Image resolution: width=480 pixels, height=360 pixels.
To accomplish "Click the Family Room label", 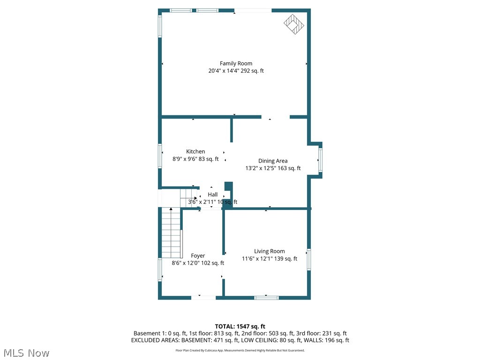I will pyautogui.click(x=236, y=63).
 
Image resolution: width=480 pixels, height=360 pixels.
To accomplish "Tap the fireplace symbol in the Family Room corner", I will pyautogui.click(x=293, y=24).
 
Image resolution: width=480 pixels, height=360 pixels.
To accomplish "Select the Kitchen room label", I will pyautogui.click(x=195, y=151).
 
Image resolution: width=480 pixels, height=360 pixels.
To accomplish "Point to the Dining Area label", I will pyautogui.click(x=273, y=161).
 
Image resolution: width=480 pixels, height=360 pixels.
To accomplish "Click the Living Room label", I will pyautogui.click(x=270, y=251).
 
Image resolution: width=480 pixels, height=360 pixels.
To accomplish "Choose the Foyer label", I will pyautogui.click(x=198, y=255).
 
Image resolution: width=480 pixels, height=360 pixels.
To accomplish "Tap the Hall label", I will pyautogui.click(x=213, y=195).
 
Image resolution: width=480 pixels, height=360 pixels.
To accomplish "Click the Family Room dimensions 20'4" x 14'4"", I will pyautogui.click(x=224, y=71).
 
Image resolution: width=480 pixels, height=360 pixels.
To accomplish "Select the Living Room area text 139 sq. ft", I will pyautogui.click(x=285, y=259).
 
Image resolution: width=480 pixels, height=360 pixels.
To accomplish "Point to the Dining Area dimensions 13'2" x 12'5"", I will pyautogui.click(x=260, y=168).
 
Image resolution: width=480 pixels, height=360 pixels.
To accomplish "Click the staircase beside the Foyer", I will pyautogui.click(x=171, y=232).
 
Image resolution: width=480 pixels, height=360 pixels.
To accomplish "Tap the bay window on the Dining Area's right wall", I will pyautogui.click(x=321, y=160).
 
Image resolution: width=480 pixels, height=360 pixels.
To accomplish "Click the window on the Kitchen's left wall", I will pyautogui.click(x=160, y=156).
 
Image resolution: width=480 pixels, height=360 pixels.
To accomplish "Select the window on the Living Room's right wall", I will pyautogui.click(x=309, y=259).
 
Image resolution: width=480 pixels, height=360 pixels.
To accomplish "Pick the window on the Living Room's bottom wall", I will pyautogui.click(x=266, y=297).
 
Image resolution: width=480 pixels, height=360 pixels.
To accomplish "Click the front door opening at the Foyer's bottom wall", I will pyautogui.click(x=203, y=297).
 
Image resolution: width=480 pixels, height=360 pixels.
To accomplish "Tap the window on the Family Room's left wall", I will pyautogui.click(x=160, y=26).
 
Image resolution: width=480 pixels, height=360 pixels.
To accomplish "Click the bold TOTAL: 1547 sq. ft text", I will pyautogui.click(x=240, y=326).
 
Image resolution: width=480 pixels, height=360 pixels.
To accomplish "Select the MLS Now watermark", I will pyautogui.click(x=26, y=352).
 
